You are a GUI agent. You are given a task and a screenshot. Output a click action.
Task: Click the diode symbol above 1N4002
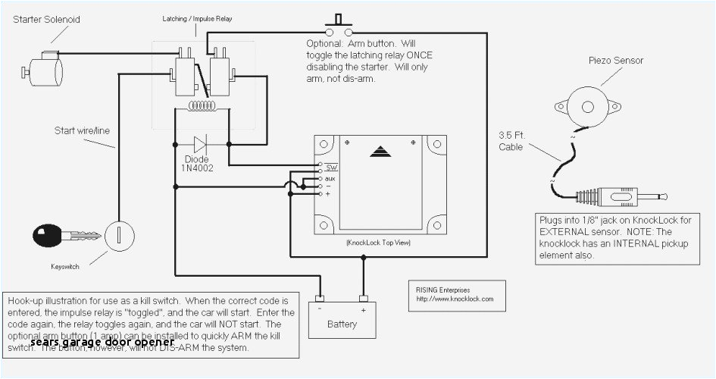(201, 144)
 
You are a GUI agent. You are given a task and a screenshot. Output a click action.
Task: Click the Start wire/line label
(81, 130)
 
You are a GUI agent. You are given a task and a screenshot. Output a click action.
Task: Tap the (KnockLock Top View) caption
(378, 243)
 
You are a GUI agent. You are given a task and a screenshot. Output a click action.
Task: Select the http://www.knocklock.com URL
(455, 299)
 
